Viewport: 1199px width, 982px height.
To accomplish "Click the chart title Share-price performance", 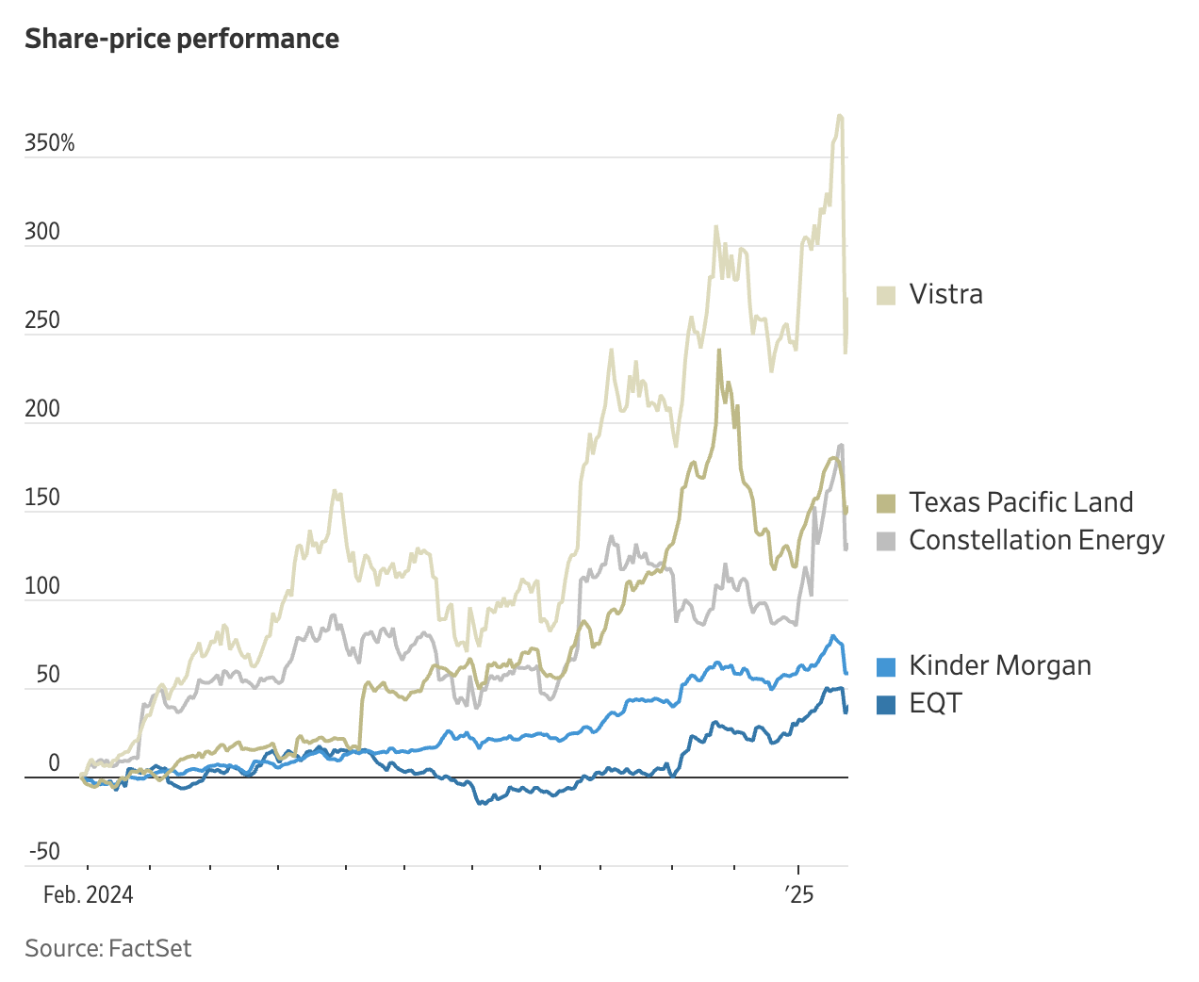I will point(182,39).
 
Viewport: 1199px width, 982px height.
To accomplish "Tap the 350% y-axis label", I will point(50,143).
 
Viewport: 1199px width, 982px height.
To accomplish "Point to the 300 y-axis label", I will point(42,232).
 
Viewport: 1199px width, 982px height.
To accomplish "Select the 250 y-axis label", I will point(42,320).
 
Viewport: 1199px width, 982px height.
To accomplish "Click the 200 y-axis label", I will point(42,409).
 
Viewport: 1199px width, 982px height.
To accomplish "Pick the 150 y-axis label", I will point(42,498).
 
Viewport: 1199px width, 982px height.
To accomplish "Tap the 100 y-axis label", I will point(42,586).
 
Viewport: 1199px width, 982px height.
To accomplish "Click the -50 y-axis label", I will point(44,852).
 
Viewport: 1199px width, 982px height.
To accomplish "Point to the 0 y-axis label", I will point(54,763).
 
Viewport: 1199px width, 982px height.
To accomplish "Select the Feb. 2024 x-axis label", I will point(89,894).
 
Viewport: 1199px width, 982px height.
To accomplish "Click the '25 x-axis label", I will point(799,894).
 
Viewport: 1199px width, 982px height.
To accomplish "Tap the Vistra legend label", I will point(945,294).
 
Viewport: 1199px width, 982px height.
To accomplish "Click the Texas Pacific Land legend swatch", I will point(886,503).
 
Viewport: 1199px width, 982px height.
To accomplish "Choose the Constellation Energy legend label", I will point(1036,540).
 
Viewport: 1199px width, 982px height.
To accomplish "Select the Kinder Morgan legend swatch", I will point(886,666).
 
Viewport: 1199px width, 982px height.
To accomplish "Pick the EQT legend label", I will point(935,703).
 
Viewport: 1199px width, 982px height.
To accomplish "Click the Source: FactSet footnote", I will point(108,948).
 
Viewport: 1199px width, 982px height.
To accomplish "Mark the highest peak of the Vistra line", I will point(839,116).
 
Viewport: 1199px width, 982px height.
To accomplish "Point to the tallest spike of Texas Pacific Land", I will point(719,351).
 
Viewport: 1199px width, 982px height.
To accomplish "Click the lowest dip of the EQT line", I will point(481,804).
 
